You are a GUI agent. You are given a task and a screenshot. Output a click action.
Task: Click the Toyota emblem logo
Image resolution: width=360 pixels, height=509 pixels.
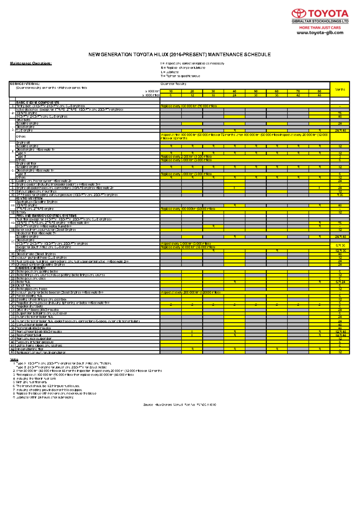click(299, 13)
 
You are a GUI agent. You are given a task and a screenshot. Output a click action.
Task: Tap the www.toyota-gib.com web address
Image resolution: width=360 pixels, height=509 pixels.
click(320, 33)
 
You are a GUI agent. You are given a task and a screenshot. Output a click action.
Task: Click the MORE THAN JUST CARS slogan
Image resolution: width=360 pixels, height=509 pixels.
click(320, 28)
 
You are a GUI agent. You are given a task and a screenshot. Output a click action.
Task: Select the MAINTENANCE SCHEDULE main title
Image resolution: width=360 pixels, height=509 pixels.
click(179, 55)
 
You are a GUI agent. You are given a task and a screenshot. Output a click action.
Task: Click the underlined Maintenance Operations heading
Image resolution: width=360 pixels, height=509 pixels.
click(31, 63)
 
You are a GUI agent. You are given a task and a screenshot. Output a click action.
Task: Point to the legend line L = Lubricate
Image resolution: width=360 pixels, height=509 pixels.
click(170, 72)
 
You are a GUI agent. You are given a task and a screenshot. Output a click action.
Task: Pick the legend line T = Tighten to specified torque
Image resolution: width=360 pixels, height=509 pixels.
click(180, 76)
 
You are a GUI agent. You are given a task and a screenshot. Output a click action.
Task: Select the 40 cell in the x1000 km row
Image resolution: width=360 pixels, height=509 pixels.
click(234, 91)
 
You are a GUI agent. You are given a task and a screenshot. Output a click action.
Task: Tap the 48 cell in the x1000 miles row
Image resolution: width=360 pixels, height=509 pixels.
click(319, 95)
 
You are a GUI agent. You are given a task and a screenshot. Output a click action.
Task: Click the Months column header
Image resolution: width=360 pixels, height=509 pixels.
click(340, 89)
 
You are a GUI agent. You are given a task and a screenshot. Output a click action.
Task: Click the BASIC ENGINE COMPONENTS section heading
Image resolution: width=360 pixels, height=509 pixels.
click(37, 103)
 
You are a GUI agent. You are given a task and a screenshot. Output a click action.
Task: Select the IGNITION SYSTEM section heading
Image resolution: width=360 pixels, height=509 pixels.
click(29, 198)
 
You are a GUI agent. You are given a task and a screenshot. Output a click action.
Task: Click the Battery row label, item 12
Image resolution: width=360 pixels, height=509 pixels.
click(21, 212)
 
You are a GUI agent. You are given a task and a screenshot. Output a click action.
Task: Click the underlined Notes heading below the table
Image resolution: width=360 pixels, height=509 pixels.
click(14, 359)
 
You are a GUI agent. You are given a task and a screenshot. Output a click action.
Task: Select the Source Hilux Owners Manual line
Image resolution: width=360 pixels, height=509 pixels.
click(179, 405)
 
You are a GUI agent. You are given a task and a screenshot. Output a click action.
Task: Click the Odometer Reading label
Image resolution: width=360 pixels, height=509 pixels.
click(173, 84)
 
